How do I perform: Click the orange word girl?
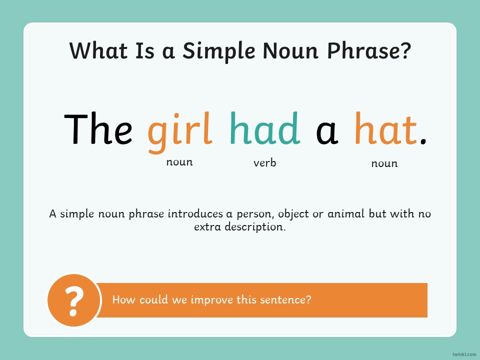[x=180, y=132]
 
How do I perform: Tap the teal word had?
[x=265, y=127]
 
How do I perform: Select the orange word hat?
[x=385, y=127]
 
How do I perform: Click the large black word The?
[x=98, y=128]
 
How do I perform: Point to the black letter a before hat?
[x=327, y=132]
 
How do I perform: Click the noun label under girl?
[x=179, y=162]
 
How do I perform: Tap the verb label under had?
[x=265, y=162]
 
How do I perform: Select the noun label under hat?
[x=384, y=163]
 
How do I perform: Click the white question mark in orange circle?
[x=74, y=301]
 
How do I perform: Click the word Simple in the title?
[x=219, y=50]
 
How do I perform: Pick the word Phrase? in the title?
[x=369, y=50]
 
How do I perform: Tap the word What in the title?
[x=98, y=50]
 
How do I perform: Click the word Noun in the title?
[x=290, y=50]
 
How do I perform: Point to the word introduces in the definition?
[x=195, y=213]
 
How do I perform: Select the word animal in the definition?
[x=346, y=213]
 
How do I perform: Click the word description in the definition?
[x=255, y=227]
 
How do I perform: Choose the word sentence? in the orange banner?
[x=285, y=299]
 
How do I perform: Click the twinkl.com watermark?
[x=464, y=354]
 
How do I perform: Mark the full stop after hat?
[x=423, y=141]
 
